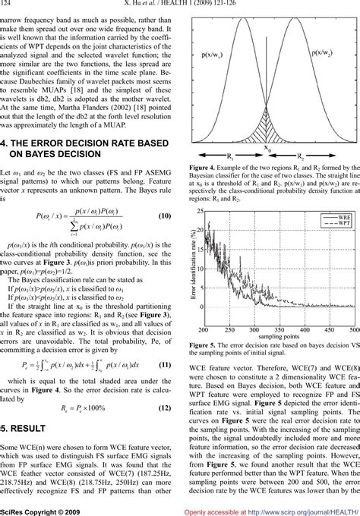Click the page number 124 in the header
pos(10,5)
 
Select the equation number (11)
pos(168,385)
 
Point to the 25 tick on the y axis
pos(199,210)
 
